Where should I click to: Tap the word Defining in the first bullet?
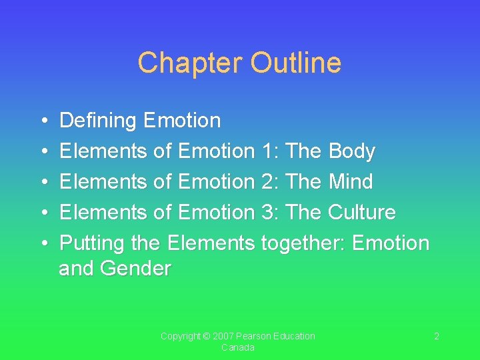[x=99, y=121]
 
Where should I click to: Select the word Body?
[x=352, y=151]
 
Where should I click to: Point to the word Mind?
[x=351, y=181]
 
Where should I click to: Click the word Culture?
[x=362, y=212]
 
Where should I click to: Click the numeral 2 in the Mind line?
[x=267, y=181]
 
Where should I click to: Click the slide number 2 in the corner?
[x=437, y=337]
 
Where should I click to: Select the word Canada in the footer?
[x=238, y=348]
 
